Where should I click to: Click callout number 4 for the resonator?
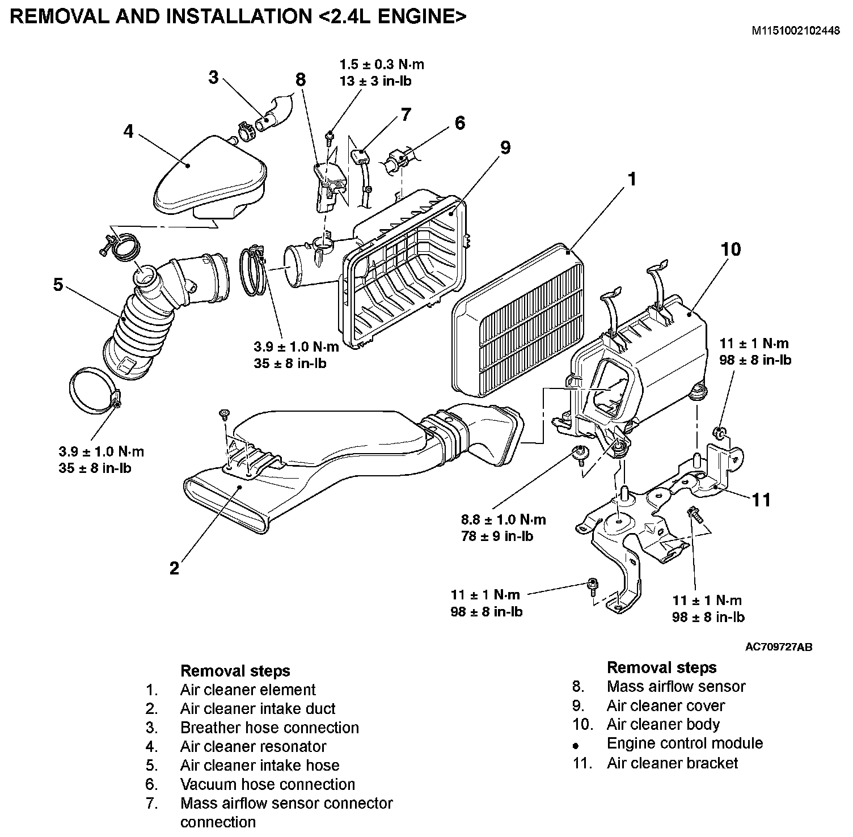tap(129, 131)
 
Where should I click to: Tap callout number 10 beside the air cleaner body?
tap(730, 249)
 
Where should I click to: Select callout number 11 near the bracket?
tap(762, 500)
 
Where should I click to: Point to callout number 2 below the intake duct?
tap(174, 568)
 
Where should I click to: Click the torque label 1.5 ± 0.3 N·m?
tap(382, 65)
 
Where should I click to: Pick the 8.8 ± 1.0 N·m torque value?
tap(504, 519)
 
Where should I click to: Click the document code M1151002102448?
tap(796, 31)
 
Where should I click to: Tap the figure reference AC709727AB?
tap(778, 647)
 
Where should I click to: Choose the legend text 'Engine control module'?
tap(685, 743)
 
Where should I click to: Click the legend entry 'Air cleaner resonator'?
tap(253, 746)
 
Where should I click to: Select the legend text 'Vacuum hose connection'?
tap(267, 784)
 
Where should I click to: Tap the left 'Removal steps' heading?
tap(235, 671)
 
